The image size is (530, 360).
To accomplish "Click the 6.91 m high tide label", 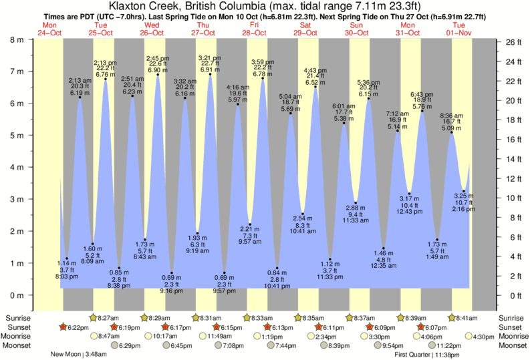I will tap(210, 69).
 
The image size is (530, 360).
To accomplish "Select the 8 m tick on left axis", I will tap(15, 39).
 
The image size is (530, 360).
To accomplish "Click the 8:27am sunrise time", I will tap(109, 318).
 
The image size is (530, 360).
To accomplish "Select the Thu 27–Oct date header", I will tap(203, 29).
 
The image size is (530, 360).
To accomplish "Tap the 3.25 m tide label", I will tap(464, 196).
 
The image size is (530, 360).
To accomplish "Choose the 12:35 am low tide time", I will tap(383, 265).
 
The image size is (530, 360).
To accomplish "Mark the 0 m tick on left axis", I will tap(15, 295).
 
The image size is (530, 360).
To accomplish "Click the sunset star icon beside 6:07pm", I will tap(421, 327).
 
